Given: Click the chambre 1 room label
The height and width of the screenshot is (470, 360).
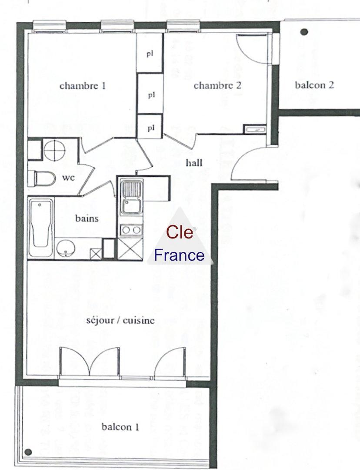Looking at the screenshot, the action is point(83,86).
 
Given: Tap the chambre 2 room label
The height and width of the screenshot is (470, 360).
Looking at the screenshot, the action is point(217,85).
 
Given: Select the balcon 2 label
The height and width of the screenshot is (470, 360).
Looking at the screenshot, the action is point(314,85).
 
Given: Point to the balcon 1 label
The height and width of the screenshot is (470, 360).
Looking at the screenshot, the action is point(120,426).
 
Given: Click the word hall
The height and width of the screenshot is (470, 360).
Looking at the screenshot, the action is point(194,163).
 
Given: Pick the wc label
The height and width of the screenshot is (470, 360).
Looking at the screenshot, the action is point(68,178).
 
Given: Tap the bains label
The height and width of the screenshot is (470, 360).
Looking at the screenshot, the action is point(87,218).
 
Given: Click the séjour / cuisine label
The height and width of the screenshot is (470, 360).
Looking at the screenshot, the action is point(120,320).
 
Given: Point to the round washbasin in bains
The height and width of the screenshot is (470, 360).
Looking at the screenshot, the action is point(66,248).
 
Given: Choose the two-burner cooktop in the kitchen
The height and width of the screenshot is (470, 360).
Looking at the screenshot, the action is point(131,230).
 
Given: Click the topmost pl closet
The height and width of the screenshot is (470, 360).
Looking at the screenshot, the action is point(150,53).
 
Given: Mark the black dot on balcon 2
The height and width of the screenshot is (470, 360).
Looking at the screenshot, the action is point(304,32).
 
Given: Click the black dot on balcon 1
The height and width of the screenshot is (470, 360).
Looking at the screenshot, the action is point(28,452).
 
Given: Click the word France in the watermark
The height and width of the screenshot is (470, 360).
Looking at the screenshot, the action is point(179,255).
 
